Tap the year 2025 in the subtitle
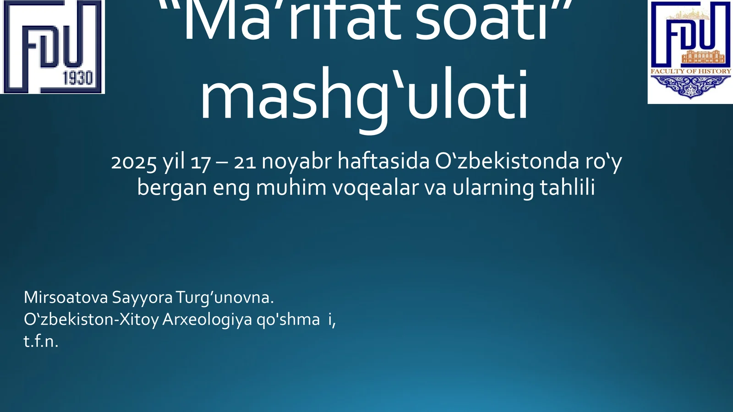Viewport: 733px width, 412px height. coord(134,162)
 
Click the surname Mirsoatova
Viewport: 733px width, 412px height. coord(66,298)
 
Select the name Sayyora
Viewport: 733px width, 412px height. coord(142,298)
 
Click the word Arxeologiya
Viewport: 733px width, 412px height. coord(207,320)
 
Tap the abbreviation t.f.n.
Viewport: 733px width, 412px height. coord(41,342)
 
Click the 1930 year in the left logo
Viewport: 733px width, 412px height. coord(77,78)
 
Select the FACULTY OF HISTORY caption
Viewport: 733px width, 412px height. coord(690,71)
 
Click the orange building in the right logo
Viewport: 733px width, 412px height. coord(703,57)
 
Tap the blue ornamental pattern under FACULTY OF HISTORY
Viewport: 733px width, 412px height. coord(690,86)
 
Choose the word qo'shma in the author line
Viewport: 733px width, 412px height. coord(288,320)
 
